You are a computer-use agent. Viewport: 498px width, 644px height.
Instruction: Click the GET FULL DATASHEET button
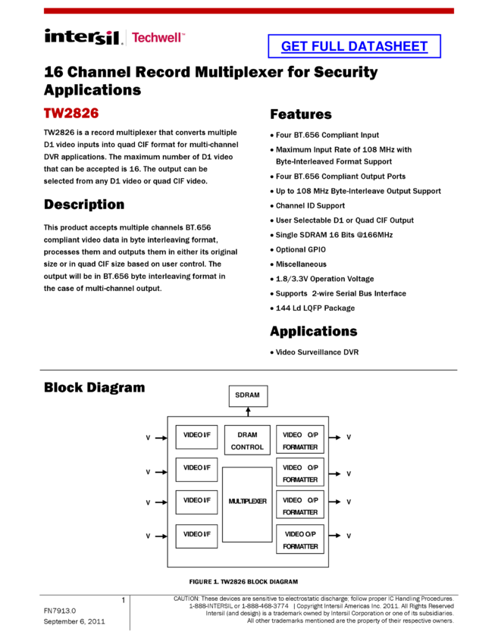pyautogui.click(x=354, y=46)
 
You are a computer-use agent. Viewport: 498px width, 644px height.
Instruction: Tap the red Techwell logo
pyautogui.click(x=158, y=37)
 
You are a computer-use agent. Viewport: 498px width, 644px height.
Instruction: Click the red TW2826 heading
pyautogui.click(x=71, y=114)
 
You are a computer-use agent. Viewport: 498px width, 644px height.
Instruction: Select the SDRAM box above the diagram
pyautogui.click(x=248, y=395)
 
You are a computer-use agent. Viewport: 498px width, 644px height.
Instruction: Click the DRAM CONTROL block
pyautogui.click(x=247, y=440)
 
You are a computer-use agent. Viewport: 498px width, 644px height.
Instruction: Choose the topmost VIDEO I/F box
pyautogui.click(x=196, y=436)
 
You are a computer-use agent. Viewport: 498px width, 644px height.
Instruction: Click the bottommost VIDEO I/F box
pyautogui.click(x=196, y=536)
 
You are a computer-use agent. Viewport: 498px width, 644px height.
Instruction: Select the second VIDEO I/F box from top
pyautogui.click(x=196, y=469)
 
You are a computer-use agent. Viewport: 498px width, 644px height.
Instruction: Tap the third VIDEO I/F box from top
pyautogui.click(x=196, y=502)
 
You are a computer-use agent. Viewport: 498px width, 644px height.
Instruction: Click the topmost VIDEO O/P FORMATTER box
pyautogui.click(x=300, y=440)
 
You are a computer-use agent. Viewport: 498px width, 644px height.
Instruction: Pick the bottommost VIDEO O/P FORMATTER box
pyautogui.click(x=300, y=539)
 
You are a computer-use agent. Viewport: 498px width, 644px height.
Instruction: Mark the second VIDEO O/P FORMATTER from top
pyautogui.click(x=300, y=473)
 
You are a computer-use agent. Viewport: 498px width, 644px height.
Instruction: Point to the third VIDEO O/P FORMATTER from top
pyautogui.click(x=300, y=505)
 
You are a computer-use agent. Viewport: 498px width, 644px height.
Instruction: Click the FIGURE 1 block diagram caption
pyautogui.click(x=243, y=580)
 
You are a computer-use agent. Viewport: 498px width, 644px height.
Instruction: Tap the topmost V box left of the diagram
pyautogui.click(x=147, y=437)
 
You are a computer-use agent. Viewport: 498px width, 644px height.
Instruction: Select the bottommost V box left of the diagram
pyautogui.click(x=147, y=536)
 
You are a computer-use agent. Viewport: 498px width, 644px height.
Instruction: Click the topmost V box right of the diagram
pyautogui.click(x=349, y=436)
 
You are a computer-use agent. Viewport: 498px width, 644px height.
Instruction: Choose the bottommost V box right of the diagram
pyautogui.click(x=349, y=535)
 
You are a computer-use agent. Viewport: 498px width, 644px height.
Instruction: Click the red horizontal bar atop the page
pyautogui.click(x=249, y=11)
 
